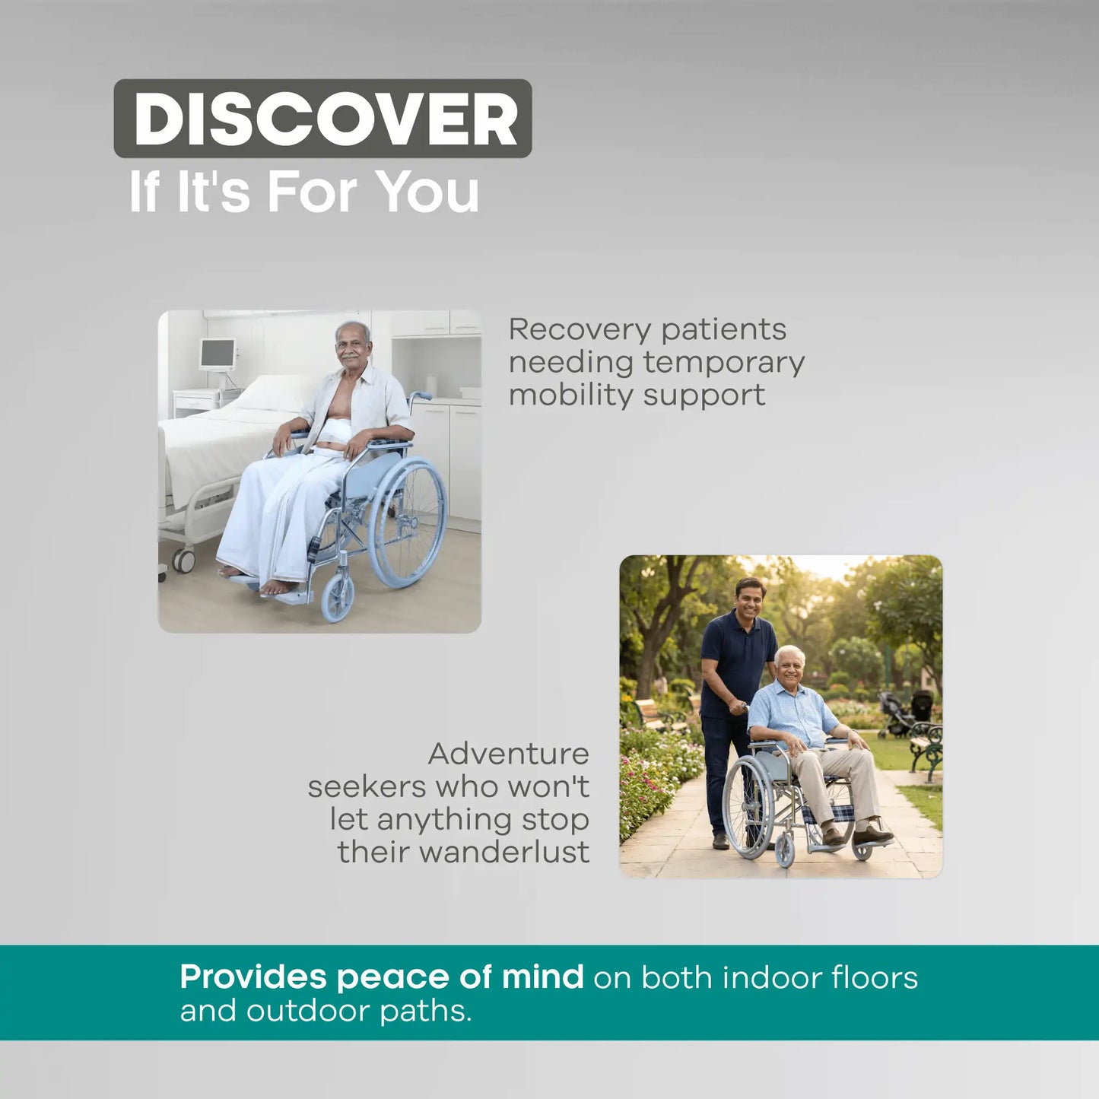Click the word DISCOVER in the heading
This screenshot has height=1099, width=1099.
point(325,119)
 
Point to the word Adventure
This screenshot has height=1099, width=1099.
point(508,754)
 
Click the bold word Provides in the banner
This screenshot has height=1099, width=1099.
point(253,977)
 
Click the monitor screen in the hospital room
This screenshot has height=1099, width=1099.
point(218,354)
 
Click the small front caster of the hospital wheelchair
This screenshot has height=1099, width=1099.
point(338,598)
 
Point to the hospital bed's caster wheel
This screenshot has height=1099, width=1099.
point(183,561)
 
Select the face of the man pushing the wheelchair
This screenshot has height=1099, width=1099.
point(749,601)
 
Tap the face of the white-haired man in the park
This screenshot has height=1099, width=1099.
point(790,666)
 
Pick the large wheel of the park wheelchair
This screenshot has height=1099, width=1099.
point(749,808)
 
